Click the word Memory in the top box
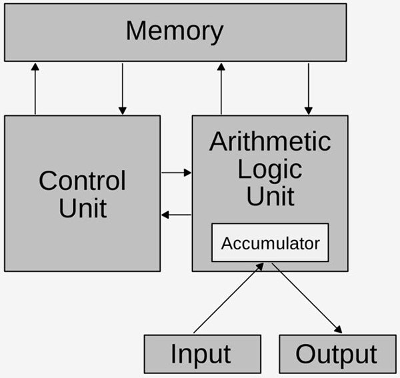click(175, 31)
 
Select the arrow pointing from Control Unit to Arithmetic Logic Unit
click(176, 173)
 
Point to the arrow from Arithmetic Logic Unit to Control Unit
click(176, 215)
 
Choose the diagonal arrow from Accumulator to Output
click(307, 298)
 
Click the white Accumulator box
click(270, 243)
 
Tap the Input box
click(202, 354)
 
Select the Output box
click(337, 354)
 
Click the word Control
click(82, 181)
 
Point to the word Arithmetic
click(270, 141)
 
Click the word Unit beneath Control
click(83, 208)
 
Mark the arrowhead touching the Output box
click(339, 330)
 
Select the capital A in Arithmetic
click(218, 141)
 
